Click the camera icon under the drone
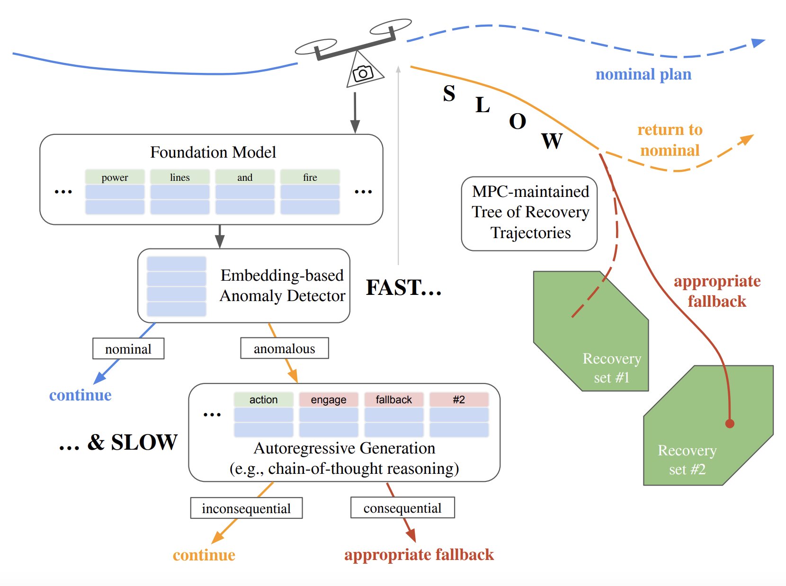coord(363,73)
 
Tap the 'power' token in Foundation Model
coord(115,177)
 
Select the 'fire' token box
coord(310,177)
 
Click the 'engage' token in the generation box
coord(328,400)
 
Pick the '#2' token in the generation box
coord(458,400)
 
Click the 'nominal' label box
coord(128,349)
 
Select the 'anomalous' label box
coord(284,348)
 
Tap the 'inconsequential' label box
coord(246,508)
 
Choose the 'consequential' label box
coord(402,507)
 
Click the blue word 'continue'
coord(80,395)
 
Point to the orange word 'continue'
coord(204,555)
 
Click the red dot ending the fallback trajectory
coord(730,424)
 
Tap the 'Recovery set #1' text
coord(611,368)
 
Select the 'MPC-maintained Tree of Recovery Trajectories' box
coord(529,213)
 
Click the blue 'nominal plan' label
coord(643,74)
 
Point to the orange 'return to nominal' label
coord(670,140)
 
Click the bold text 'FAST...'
coord(403,287)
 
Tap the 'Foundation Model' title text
coord(213,152)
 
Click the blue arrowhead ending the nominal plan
coord(759,43)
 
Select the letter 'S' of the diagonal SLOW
coord(449,93)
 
